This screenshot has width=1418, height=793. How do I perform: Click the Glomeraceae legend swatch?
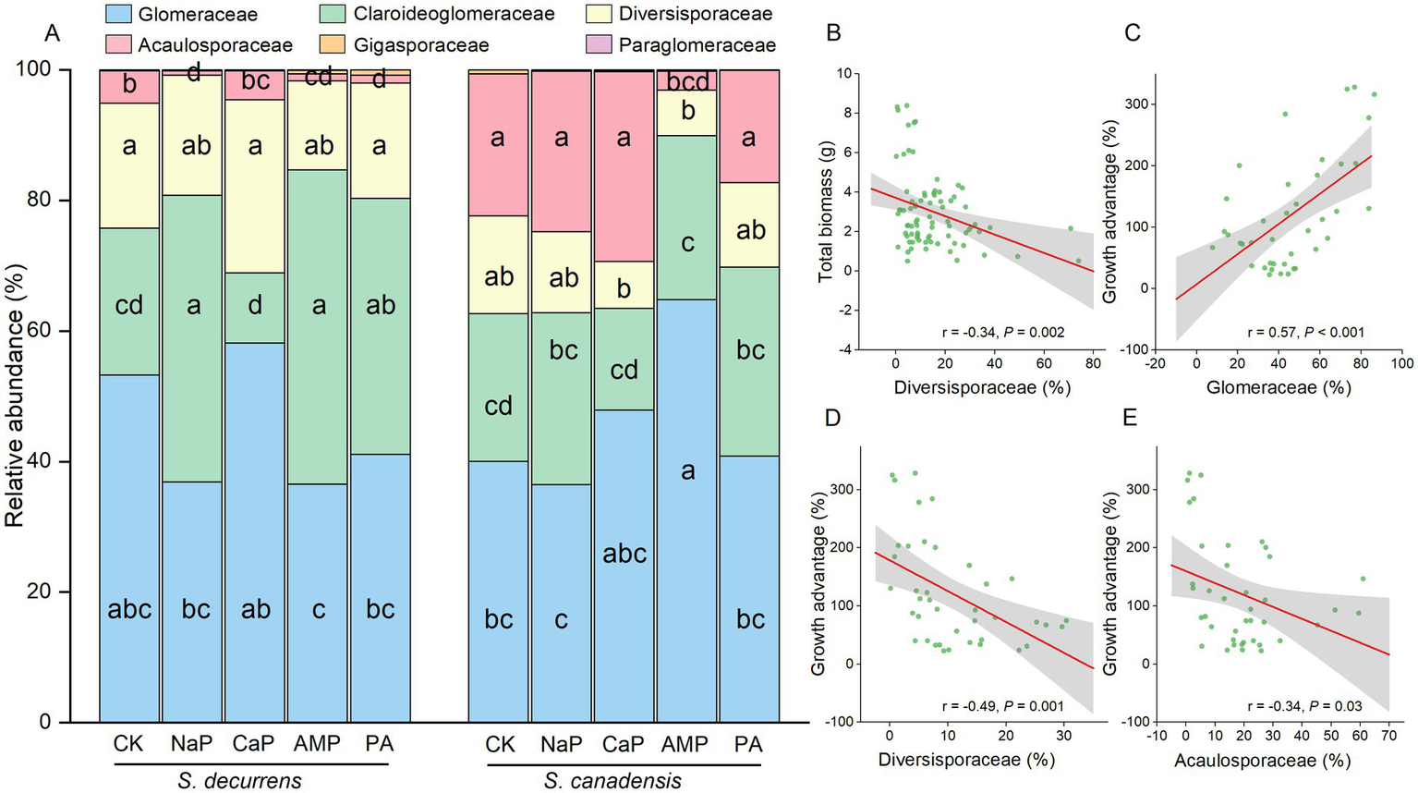119,14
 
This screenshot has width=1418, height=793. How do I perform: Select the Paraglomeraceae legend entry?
697,44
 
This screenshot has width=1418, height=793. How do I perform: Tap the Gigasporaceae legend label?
421,44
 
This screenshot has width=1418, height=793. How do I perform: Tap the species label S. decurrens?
239,780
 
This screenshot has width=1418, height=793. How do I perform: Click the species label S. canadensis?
612,781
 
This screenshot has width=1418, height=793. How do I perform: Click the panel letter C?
1132,34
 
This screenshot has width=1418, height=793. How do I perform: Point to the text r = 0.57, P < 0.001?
1305,333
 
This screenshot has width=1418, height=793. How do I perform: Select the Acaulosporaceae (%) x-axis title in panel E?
1262,761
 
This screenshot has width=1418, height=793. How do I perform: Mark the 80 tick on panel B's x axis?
1093,362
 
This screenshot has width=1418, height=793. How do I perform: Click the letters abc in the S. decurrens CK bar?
129,610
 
